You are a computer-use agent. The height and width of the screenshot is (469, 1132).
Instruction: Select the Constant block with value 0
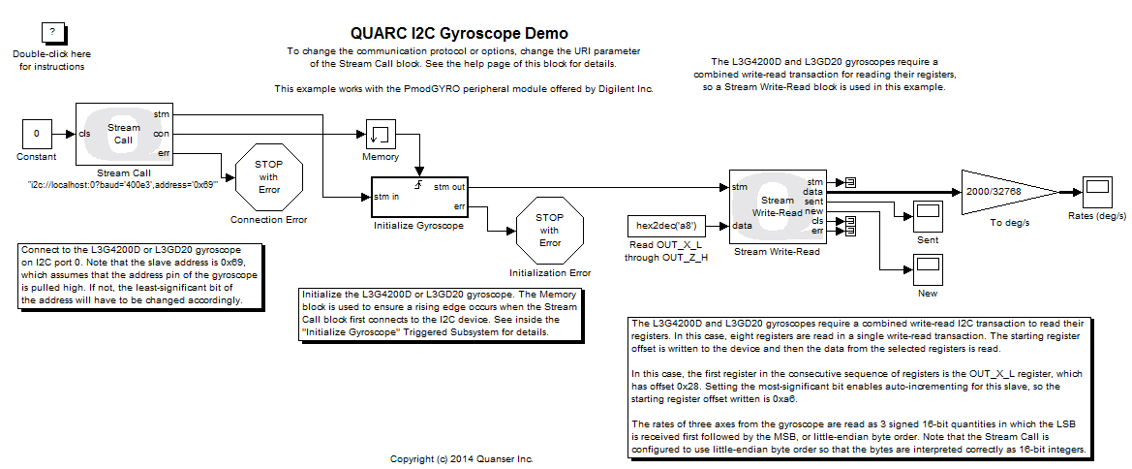tap(37, 134)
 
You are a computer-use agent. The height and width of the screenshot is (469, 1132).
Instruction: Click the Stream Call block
tap(124, 134)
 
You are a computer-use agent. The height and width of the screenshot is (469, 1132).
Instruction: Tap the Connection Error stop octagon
tap(268, 176)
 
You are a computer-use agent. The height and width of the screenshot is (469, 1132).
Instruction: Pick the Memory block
tap(381, 135)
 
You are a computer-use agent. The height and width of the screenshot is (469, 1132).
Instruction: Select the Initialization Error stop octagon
tap(549, 230)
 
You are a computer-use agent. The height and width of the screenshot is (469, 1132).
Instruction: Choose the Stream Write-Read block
tap(777, 206)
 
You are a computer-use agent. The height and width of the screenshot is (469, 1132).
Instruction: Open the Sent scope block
tap(927, 215)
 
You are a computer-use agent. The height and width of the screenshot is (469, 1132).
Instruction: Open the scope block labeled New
tap(927, 267)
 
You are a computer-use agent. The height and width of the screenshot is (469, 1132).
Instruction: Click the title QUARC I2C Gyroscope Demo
tap(459, 34)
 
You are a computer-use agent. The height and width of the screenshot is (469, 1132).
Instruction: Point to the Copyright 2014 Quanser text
tap(461, 458)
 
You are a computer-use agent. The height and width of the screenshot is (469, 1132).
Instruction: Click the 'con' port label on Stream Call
tap(162, 134)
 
